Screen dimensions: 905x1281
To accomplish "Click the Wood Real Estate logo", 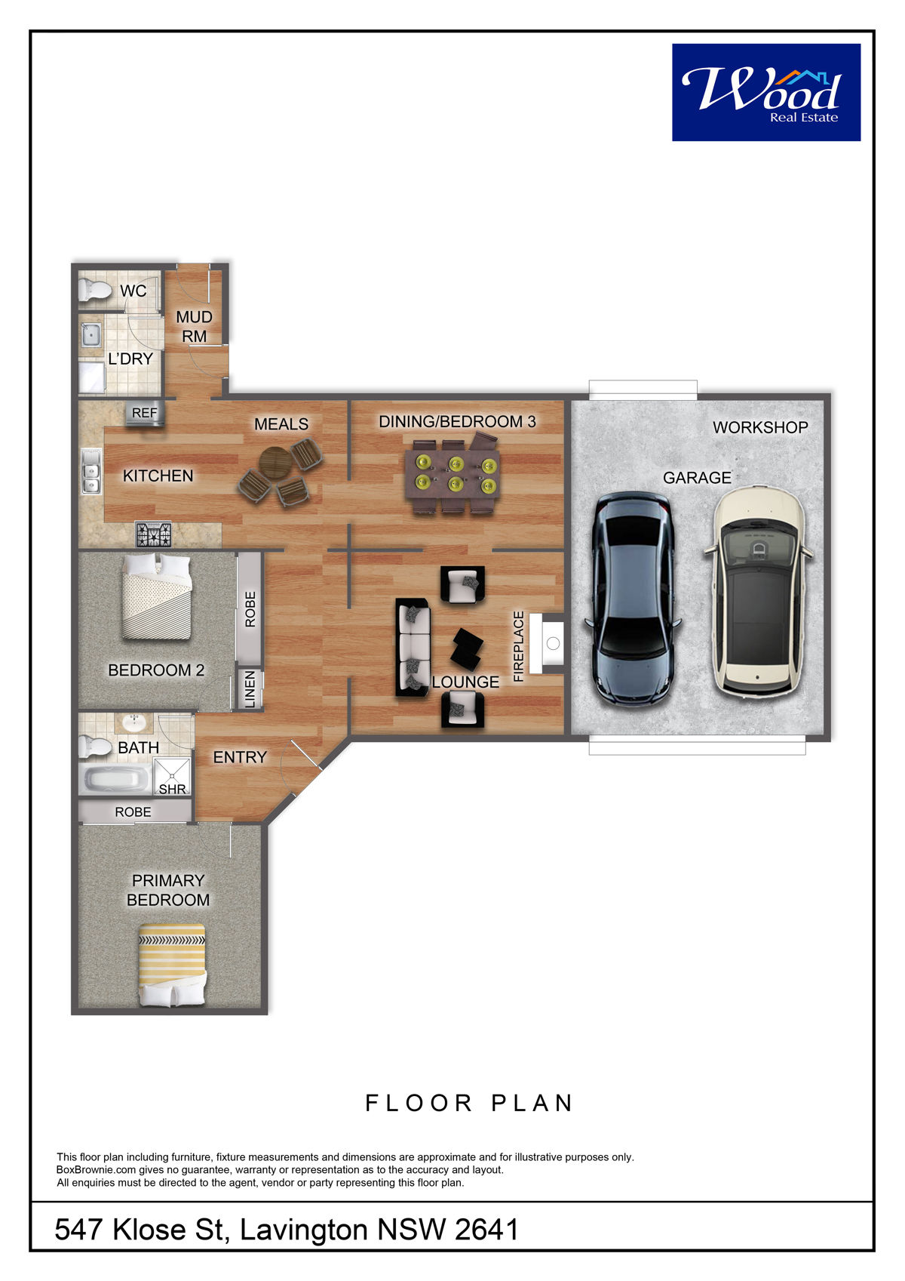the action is click(765, 92).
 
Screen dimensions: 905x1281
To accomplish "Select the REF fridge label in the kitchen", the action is click(145, 412).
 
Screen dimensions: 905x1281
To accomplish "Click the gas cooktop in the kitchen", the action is click(153, 534).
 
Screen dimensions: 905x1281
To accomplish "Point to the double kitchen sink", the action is click(90, 471).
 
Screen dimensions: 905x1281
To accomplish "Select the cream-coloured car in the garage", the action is click(758, 591).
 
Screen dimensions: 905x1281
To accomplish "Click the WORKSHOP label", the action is click(760, 427).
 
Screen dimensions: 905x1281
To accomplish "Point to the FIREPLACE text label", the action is click(518, 646).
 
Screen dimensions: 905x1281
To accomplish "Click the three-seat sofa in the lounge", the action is click(413, 647).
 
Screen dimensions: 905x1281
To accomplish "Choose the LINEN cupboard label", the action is click(250, 689).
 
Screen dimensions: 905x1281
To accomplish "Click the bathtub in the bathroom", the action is click(115, 778).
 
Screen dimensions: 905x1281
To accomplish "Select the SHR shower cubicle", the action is click(172, 776).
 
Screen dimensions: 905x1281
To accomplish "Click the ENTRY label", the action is click(240, 757).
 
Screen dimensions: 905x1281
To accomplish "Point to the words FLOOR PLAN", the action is click(468, 1103).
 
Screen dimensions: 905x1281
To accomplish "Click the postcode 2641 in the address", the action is click(486, 1230).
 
